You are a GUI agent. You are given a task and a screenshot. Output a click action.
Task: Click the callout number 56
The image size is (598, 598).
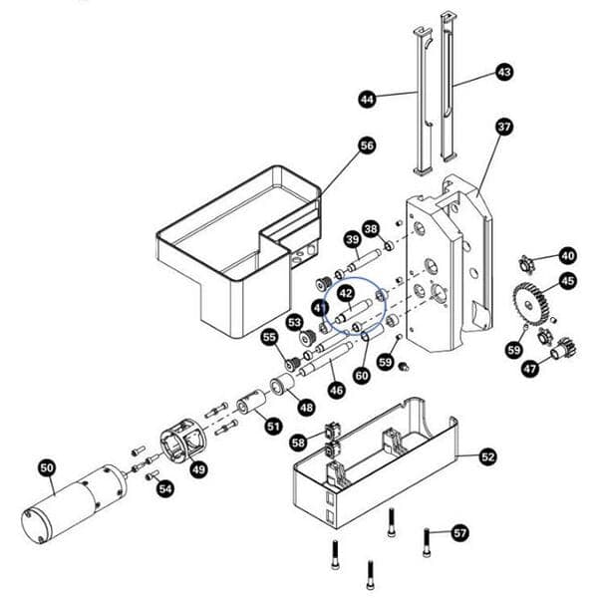click(x=367, y=147)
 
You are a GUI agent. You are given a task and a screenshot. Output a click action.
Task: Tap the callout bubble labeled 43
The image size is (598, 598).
click(x=504, y=73)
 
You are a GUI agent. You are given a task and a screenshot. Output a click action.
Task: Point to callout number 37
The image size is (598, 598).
click(x=504, y=127)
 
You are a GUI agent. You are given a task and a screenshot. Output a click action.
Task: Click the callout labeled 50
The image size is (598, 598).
click(x=47, y=466)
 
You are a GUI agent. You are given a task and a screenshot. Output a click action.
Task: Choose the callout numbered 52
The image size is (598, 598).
click(x=488, y=456)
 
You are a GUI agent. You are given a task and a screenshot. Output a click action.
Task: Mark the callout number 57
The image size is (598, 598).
click(x=459, y=532)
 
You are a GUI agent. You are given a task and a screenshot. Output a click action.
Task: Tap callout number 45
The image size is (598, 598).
click(x=567, y=281)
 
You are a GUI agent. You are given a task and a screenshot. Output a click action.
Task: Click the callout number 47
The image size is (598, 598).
click(x=529, y=370)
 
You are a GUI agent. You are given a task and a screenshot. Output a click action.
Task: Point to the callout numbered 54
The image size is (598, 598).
click(x=165, y=488)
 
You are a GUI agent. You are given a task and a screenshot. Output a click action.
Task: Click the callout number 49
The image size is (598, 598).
click(x=198, y=469)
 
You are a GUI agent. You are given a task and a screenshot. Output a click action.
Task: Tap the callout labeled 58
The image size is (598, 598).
click(x=299, y=442)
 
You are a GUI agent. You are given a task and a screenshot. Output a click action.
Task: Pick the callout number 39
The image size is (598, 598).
click(x=352, y=239)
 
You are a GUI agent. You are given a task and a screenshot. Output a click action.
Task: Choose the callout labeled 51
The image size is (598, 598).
click(x=273, y=427)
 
